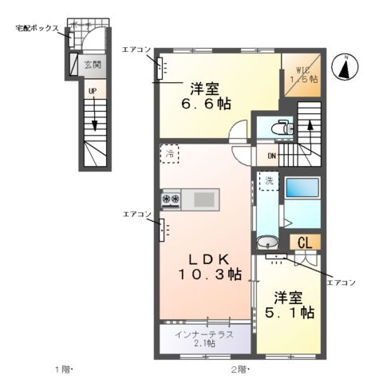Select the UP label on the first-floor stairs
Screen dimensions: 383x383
coord(93,92)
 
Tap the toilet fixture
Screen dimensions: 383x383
coord(278,126)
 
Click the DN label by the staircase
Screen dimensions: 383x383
coord(270,156)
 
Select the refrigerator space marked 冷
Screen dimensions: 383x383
coord(169,154)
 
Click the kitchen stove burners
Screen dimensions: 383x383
coord(172,198)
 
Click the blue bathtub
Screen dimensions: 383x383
coord(302,189)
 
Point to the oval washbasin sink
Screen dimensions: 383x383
coord(267,242)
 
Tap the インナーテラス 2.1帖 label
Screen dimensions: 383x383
coord(205,338)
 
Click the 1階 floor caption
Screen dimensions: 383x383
coord(63,369)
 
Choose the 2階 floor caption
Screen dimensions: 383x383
coord(240,369)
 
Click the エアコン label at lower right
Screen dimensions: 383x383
coord(342,282)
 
